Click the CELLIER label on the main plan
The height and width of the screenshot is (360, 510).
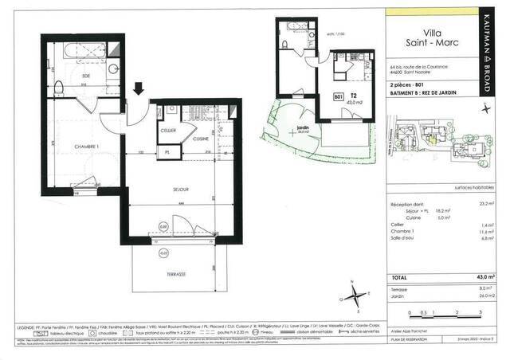coord(168,130)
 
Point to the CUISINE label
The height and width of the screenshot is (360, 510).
coord(200,139)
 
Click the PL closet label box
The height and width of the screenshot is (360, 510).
coord(168,151)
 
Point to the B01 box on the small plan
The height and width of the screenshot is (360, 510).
coord(337,98)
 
